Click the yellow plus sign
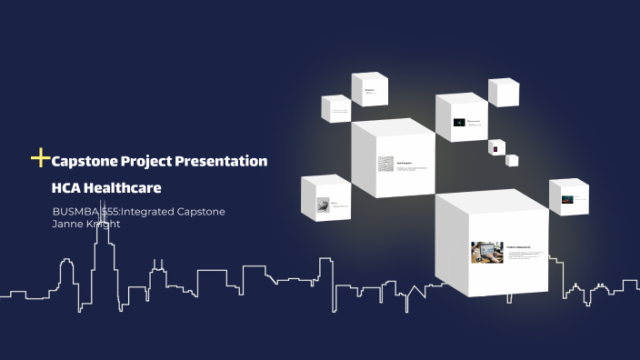(40, 159)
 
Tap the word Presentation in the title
(226, 161)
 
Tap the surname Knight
(105, 224)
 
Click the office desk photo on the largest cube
(486, 252)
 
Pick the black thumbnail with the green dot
(461, 122)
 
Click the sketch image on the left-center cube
(386, 164)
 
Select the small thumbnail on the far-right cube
(566, 198)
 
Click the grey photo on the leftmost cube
(323, 206)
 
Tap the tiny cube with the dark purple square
(496, 147)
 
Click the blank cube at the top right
(504, 92)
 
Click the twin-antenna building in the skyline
(159, 273)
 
